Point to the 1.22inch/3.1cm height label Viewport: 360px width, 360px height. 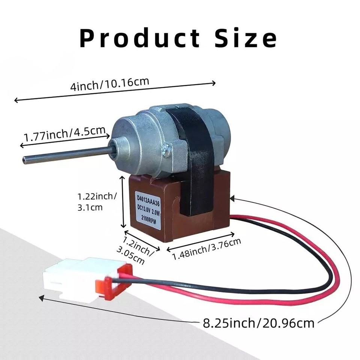pos(97,202)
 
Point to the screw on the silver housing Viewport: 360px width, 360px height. pos(165,152)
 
